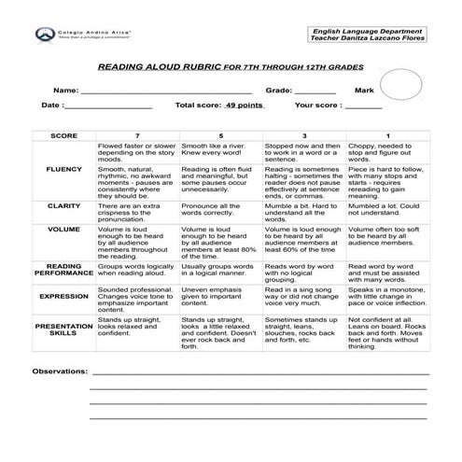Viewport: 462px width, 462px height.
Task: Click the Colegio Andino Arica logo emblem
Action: pyautogui.click(x=43, y=34)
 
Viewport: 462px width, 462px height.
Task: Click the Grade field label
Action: pyautogui.click(x=278, y=91)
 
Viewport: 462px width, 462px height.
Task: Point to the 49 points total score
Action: pyautogui.click(x=245, y=105)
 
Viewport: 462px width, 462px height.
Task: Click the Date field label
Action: pyautogui.click(x=52, y=105)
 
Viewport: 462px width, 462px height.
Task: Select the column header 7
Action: pyautogui.click(x=137, y=135)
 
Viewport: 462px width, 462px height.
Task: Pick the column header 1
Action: pyautogui.click(x=388, y=135)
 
